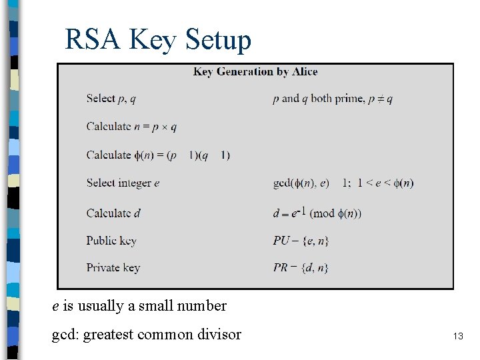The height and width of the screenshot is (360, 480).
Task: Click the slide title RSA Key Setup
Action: click(158, 40)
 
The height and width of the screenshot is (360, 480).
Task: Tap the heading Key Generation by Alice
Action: click(255, 71)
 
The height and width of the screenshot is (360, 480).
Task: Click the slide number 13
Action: click(458, 337)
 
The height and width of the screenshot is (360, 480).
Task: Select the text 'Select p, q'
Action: click(111, 99)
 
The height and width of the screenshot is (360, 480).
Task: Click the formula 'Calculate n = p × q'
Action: click(131, 127)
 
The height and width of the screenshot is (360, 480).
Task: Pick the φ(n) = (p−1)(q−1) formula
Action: click(158, 155)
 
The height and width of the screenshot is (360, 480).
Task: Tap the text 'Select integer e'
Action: click(123, 183)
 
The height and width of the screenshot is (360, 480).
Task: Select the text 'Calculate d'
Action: click(113, 213)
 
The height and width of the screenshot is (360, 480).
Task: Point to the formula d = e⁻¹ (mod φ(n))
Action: click(317, 213)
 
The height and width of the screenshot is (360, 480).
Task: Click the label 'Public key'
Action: click(111, 241)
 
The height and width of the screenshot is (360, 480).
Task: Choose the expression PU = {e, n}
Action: click(301, 241)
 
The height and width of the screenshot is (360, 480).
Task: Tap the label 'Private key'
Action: click(113, 268)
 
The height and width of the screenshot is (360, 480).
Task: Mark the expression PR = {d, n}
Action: click(301, 268)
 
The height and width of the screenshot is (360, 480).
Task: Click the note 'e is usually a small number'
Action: click(139, 306)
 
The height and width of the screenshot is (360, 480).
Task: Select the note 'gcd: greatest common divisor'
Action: click(147, 335)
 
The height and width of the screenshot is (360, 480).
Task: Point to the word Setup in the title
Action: click(218, 40)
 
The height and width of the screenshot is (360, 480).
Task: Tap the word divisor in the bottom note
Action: click(219, 335)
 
